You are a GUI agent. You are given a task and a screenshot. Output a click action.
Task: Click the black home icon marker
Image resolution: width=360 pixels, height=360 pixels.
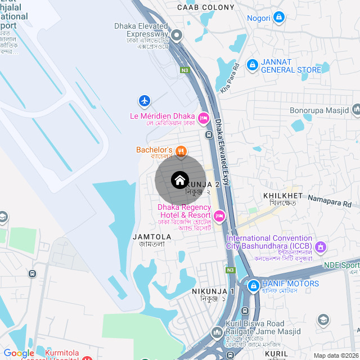(179, 180)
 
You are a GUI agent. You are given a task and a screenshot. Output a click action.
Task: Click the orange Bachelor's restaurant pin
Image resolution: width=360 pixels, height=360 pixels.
(181, 150)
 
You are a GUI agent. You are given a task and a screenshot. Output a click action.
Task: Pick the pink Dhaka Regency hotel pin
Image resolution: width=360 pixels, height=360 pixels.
(219, 215)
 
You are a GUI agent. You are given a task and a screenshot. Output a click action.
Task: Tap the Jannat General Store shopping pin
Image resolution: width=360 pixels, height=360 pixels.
(253, 65)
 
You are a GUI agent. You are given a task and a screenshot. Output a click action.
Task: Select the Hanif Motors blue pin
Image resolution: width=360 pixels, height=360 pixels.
(253, 284)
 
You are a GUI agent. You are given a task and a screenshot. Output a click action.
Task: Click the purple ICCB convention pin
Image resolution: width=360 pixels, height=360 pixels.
(321, 246)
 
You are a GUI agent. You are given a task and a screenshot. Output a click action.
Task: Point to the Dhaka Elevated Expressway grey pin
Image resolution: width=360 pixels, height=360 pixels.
(176, 35)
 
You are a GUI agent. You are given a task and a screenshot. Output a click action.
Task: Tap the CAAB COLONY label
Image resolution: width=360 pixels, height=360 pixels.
(205, 7)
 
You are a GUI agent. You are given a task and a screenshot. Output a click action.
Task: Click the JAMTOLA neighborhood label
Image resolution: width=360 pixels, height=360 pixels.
(152, 237)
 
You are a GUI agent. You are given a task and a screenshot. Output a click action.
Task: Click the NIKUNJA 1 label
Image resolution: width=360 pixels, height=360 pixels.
(213, 291)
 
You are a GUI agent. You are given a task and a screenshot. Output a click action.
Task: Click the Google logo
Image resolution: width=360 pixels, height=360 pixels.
(19, 353)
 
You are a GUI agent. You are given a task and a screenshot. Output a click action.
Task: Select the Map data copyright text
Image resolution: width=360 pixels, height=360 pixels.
(336, 355)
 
